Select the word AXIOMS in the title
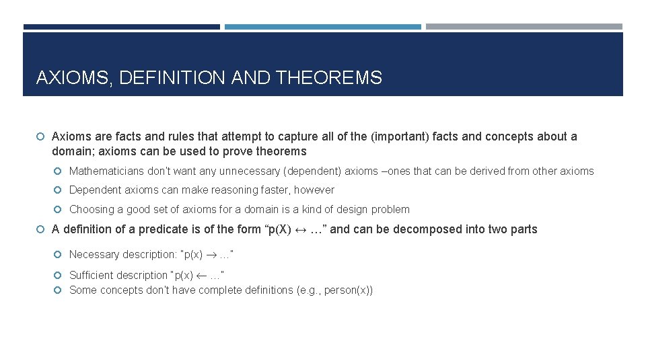tap(73, 78)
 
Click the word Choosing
tap(92, 210)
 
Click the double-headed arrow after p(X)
tap(301, 229)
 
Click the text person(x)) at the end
tap(348, 290)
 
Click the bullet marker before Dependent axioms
tap(60, 190)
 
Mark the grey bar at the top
tap(524, 27)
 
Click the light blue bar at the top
tap(322, 27)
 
